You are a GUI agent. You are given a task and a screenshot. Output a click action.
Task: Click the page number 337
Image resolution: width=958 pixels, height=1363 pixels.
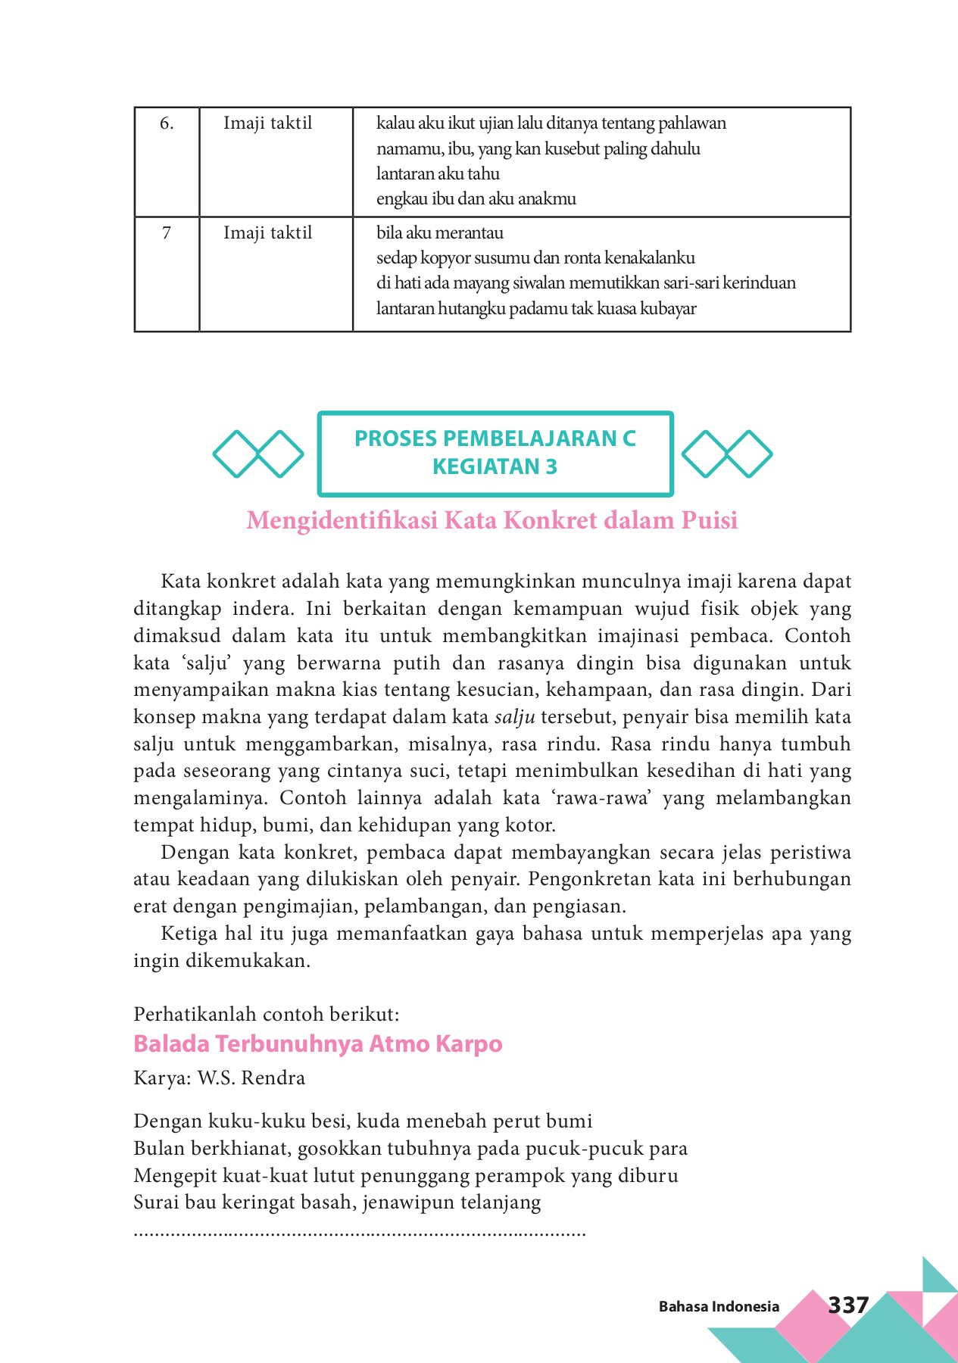click(847, 1305)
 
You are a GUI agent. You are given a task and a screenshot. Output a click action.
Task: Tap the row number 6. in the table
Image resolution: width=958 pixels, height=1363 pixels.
click(167, 123)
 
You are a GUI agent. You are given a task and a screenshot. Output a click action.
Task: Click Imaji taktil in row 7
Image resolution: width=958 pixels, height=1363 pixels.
click(267, 233)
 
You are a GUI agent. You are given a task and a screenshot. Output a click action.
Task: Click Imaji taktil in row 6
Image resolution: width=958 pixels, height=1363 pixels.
click(267, 123)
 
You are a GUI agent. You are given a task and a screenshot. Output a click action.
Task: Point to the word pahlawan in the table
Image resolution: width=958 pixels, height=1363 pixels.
click(691, 123)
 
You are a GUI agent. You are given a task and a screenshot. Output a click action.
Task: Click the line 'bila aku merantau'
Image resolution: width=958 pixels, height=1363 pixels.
click(440, 233)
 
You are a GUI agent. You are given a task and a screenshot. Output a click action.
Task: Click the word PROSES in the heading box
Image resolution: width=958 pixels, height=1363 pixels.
click(395, 438)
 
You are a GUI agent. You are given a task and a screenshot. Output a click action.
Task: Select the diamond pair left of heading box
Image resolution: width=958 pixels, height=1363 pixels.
click(258, 454)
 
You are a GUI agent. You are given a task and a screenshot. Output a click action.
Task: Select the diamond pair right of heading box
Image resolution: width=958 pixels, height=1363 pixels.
click(727, 454)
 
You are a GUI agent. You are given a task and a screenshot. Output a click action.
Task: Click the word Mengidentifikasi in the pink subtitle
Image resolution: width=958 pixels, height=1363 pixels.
click(342, 521)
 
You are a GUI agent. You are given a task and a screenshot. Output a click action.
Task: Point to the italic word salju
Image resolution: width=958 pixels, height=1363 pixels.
click(515, 717)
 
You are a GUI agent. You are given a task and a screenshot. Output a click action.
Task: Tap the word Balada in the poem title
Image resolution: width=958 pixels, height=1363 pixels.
click(171, 1043)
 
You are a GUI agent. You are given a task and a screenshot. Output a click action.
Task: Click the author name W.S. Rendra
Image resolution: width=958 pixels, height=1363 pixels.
click(251, 1078)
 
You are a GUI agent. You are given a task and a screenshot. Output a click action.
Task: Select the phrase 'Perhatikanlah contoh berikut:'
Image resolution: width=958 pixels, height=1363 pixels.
click(266, 1015)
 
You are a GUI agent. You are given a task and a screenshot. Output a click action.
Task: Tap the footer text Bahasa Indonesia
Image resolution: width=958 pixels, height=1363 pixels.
click(719, 1306)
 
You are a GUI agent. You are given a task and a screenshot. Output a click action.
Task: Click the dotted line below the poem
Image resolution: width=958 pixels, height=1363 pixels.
click(360, 1235)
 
